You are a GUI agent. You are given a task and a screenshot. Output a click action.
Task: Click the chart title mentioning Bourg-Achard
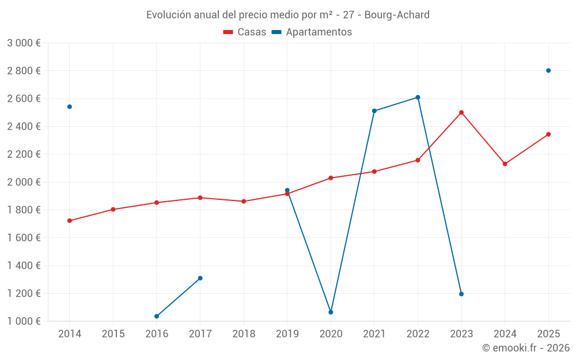pos(287,14)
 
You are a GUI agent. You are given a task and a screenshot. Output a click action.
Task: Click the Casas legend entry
pos(245,32)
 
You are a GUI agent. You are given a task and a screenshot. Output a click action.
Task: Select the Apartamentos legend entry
pos(312,32)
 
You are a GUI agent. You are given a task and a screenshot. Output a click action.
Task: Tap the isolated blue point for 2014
pos(70,107)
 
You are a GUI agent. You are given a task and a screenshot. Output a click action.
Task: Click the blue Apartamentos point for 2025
pos(548,70)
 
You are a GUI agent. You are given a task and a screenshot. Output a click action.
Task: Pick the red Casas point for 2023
pos(461,112)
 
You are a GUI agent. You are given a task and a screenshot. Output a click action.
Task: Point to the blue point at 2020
pos(331,312)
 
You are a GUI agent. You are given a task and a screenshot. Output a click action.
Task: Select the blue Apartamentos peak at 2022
pos(418,97)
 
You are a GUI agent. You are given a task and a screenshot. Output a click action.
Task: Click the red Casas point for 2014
pos(70,221)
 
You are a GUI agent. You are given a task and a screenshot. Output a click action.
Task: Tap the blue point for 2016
pos(157,316)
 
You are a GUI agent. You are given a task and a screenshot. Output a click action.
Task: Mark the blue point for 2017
pos(200,278)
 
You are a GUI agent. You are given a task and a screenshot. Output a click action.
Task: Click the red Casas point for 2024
pos(505,164)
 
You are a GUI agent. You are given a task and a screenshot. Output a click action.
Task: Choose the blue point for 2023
pos(461,294)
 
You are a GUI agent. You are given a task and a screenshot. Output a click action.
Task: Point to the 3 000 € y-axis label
pos(24,43)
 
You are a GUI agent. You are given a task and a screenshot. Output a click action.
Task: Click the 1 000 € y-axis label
pos(24,321)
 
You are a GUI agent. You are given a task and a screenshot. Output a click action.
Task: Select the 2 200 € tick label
pos(24,154)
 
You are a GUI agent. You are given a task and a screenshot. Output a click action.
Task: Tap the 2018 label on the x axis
pos(244,334)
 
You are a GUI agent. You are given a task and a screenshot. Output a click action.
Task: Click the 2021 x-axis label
pos(374,334)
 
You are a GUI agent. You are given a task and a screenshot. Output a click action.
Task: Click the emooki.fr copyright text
pos(526,348)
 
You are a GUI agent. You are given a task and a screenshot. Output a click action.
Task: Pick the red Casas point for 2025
pos(548,134)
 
